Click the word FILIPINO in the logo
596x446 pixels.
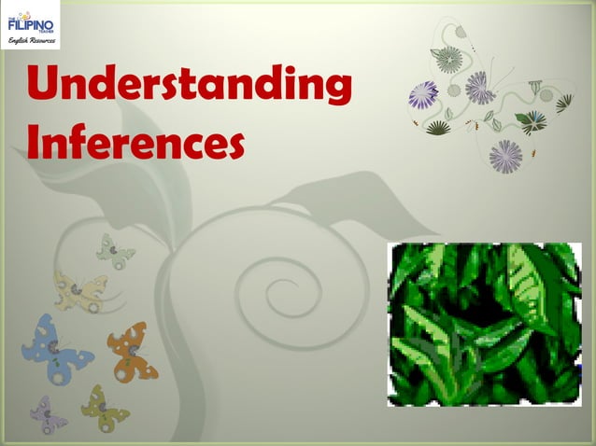30,21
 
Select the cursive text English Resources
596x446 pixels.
30,42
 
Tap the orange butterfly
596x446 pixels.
132,350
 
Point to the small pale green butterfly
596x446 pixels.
115,251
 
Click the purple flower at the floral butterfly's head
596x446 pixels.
480,88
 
